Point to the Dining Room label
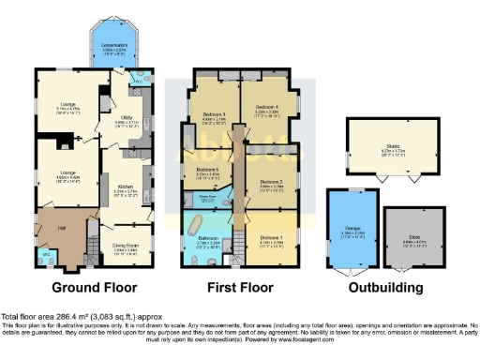pos(125,221)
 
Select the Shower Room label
pos(209,196)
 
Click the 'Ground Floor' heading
pos(94,287)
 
